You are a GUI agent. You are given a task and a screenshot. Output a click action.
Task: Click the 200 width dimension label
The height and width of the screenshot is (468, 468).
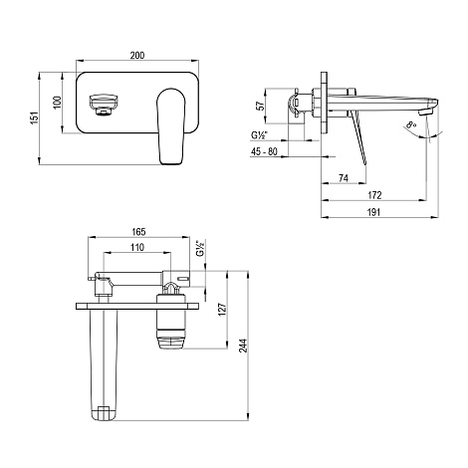pyautogui.click(x=137, y=55)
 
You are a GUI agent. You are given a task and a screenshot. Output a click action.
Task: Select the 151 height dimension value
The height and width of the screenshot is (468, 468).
pyautogui.click(x=35, y=118)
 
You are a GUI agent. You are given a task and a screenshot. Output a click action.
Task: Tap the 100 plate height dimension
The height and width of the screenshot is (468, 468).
pyautogui.click(x=57, y=103)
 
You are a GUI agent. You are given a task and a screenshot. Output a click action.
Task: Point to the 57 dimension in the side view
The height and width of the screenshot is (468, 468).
pyautogui.click(x=262, y=106)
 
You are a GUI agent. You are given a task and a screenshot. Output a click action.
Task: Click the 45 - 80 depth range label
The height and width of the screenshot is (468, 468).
pyautogui.click(x=264, y=151)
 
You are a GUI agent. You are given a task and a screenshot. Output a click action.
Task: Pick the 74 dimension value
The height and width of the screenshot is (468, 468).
pyautogui.click(x=344, y=178)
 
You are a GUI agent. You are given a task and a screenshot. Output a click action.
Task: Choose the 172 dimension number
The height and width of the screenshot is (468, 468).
pyautogui.click(x=374, y=195)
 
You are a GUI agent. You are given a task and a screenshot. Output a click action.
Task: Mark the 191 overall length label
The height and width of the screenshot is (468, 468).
pyautogui.click(x=373, y=212)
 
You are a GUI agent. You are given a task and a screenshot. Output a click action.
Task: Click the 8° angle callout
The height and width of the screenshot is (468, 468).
pyautogui.click(x=411, y=125)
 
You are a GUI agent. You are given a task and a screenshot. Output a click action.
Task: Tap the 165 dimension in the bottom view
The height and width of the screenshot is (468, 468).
pyautogui.click(x=138, y=232)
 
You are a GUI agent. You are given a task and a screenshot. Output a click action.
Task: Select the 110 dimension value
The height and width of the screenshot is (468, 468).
pyautogui.click(x=137, y=247)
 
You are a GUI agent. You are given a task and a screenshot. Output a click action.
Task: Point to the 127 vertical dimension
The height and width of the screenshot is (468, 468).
pyautogui.click(x=222, y=309)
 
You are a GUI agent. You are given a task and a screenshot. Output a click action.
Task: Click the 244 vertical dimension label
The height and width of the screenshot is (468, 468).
pyautogui.click(x=243, y=346)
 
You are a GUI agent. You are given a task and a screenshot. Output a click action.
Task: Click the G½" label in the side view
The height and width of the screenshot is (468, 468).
pyautogui.click(x=259, y=135)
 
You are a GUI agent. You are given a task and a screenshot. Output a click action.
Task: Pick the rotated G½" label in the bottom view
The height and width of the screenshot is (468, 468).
pyautogui.click(x=200, y=248)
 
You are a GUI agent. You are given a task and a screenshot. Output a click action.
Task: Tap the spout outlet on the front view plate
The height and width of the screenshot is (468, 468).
pyautogui.click(x=104, y=105)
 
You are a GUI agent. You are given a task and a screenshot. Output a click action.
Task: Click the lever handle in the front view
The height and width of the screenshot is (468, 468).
pyautogui.click(x=170, y=126)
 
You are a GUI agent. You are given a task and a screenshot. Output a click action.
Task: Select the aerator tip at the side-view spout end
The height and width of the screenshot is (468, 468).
pyautogui.click(x=424, y=114)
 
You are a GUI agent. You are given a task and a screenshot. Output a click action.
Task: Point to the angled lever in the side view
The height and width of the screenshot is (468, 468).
pyautogui.click(x=357, y=137)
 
